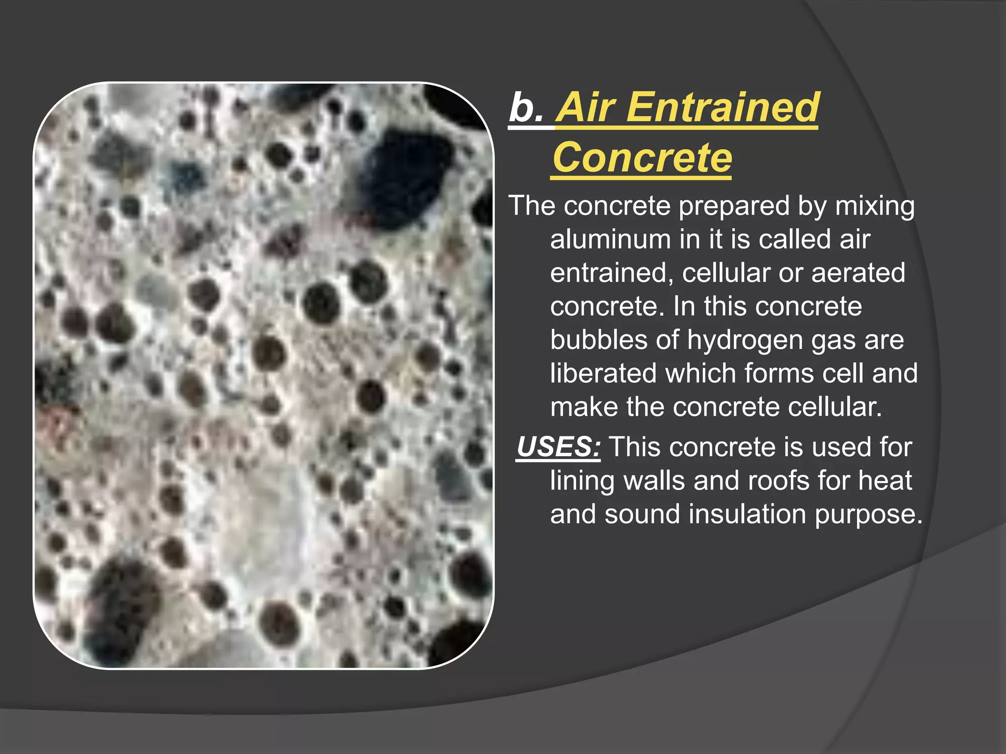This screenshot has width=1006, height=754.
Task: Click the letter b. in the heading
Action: pos(526,108)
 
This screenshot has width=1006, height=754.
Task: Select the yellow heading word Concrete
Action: pos(642,158)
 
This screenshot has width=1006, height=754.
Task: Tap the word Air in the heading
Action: pos(587,107)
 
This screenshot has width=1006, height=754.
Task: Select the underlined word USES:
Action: pos(559,447)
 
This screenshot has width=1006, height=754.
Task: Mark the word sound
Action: pos(642,514)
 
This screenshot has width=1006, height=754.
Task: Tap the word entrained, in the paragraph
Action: pos(612,273)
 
